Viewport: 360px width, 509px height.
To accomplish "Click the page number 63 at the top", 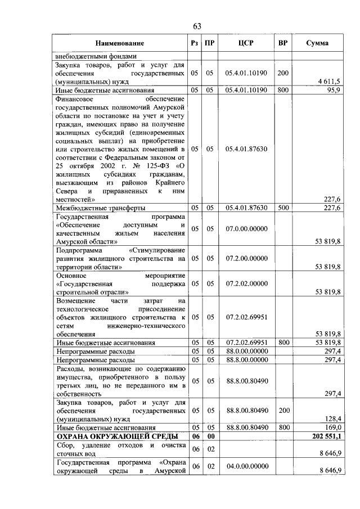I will pos(197,26).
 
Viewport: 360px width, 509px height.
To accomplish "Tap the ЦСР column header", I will pos(246,43).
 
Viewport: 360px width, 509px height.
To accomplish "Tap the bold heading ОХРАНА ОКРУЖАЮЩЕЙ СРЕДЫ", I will pos(115,436).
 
